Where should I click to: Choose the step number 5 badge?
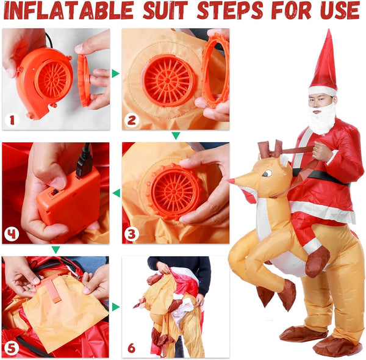pos(12,348)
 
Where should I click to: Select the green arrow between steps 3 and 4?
pos(115,193)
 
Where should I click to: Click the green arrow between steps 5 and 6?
pos(115,306)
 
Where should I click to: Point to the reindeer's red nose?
pos(231,181)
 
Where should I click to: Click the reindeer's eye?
pos(267,174)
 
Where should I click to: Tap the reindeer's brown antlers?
pos(272,149)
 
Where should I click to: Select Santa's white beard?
pos(321,118)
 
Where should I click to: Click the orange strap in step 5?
pos(54,287)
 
